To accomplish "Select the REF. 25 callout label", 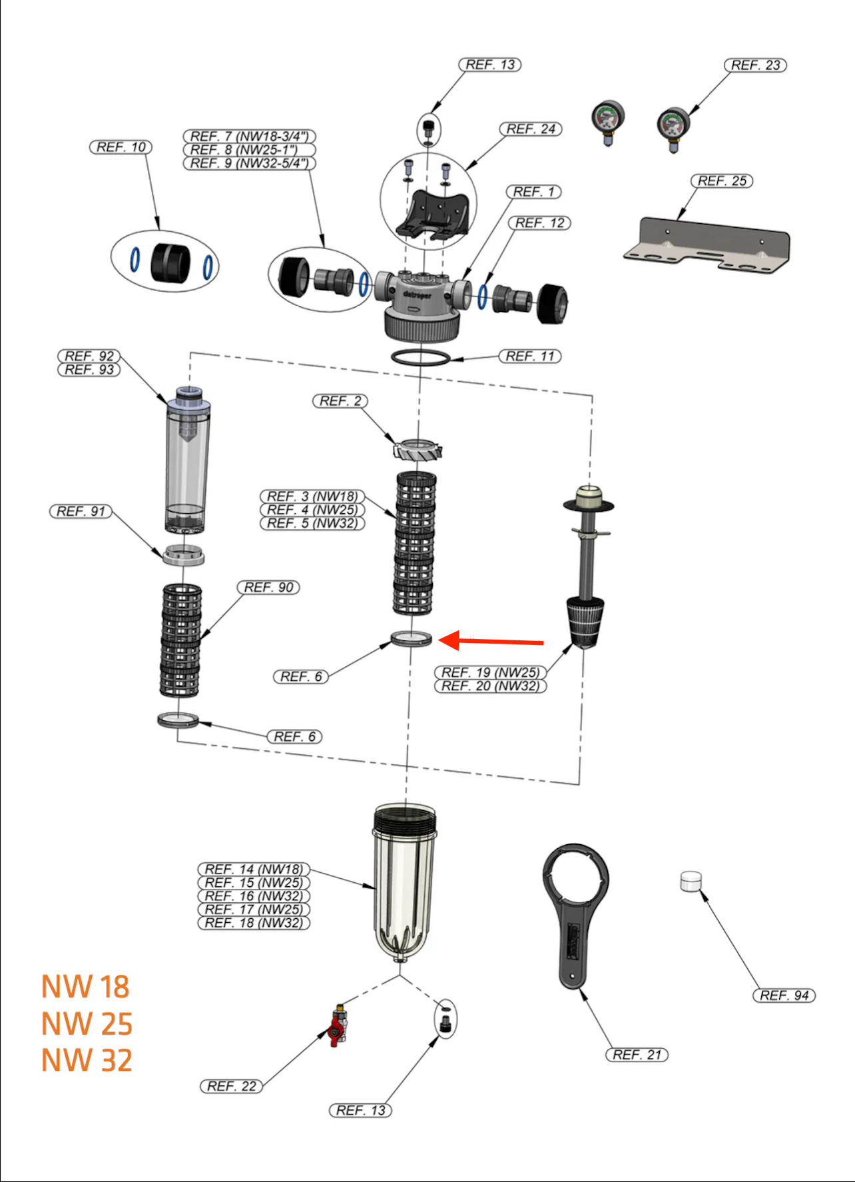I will point(722,181).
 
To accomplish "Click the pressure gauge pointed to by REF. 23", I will point(673,127).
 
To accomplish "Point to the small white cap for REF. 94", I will point(691,881).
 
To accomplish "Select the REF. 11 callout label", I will point(529,356).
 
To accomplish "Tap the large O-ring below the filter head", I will point(420,358).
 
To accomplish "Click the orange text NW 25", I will point(87,1024).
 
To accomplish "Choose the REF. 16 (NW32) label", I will point(254,896).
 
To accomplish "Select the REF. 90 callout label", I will point(268,588).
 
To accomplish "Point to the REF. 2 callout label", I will point(340,401).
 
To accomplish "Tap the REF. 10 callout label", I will point(121,147).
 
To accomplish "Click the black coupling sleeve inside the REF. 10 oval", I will point(170,263).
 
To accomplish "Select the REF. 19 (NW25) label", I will point(490,672).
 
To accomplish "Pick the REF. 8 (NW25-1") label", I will point(249,150).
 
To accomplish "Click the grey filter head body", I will point(420,297).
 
